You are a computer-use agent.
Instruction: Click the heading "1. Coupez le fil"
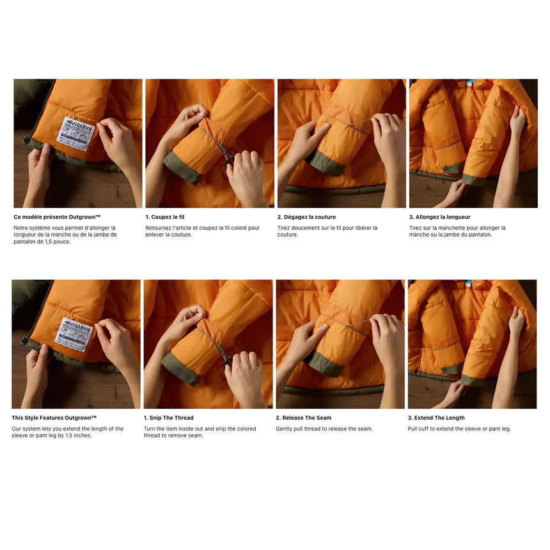tap(165, 217)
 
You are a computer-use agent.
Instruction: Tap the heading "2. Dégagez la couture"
tap(306, 217)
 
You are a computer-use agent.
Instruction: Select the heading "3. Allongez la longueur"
tap(439, 217)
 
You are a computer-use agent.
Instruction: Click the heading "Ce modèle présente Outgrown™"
tap(57, 217)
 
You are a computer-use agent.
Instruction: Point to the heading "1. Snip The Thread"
tap(168, 418)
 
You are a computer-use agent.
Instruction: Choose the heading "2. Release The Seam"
tap(304, 418)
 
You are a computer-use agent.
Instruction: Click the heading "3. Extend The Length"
tap(436, 418)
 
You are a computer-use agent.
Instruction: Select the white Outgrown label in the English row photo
tap(73, 333)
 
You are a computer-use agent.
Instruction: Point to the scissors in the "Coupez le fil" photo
tap(225, 153)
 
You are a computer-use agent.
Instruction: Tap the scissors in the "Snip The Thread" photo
tap(224, 354)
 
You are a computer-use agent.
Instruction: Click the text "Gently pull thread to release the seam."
tap(324, 429)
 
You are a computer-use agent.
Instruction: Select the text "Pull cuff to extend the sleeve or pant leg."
tap(459, 429)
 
